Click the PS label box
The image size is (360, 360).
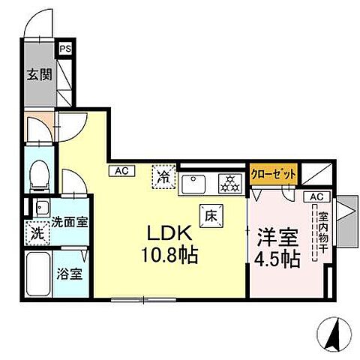[x=66, y=47]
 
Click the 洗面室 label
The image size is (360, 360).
[x=70, y=222]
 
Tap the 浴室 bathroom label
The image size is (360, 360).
[x=70, y=272]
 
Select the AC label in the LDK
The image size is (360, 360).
[x=121, y=170]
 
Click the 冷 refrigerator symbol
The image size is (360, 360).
[x=163, y=178]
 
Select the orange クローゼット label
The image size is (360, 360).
[x=273, y=173]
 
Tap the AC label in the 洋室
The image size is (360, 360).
[x=316, y=196]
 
